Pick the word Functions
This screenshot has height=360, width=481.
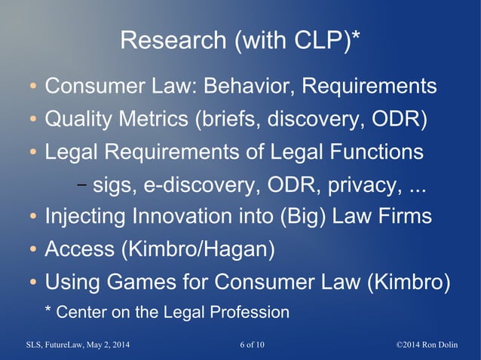coord(372,152)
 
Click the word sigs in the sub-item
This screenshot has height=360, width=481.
coord(112,185)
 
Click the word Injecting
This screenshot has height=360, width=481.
coord(85,217)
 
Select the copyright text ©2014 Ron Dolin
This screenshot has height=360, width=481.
coord(433,345)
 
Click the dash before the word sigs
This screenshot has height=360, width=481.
coord(81,185)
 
